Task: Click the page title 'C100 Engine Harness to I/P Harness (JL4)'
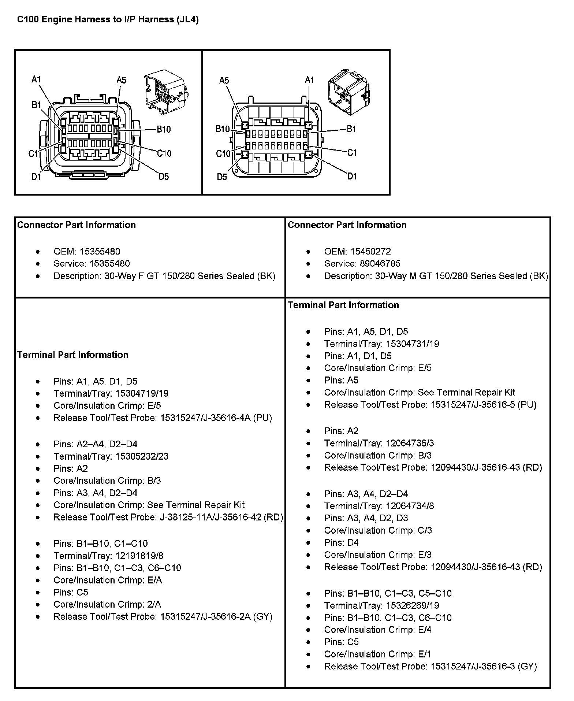(108, 19)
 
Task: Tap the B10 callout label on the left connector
(163, 129)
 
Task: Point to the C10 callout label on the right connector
(223, 154)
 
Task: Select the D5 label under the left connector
(164, 177)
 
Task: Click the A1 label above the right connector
(309, 80)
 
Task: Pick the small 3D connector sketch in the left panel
(165, 93)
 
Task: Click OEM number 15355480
(100, 252)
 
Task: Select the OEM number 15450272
(370, 252)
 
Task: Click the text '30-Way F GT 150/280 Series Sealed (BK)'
(190, 276)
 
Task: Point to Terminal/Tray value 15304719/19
(142, 393)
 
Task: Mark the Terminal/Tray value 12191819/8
(139, 556)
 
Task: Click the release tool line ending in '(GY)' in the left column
(163, 617)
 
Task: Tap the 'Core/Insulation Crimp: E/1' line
(377, 654)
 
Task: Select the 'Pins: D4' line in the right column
(341, 542)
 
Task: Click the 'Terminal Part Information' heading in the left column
(72, 355)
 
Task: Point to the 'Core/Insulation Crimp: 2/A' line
(107, 605)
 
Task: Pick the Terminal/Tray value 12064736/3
(410, 443)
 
